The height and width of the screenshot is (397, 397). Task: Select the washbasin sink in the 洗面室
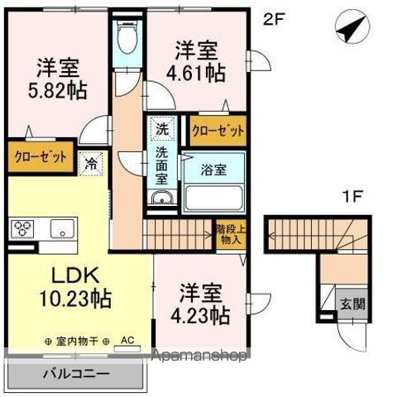tap(160, 197)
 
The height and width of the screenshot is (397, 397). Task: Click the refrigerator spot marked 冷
tap(90, 163)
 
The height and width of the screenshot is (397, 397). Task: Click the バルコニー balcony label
tap(76, 374)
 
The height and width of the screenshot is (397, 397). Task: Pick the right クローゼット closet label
tap(218, 130)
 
